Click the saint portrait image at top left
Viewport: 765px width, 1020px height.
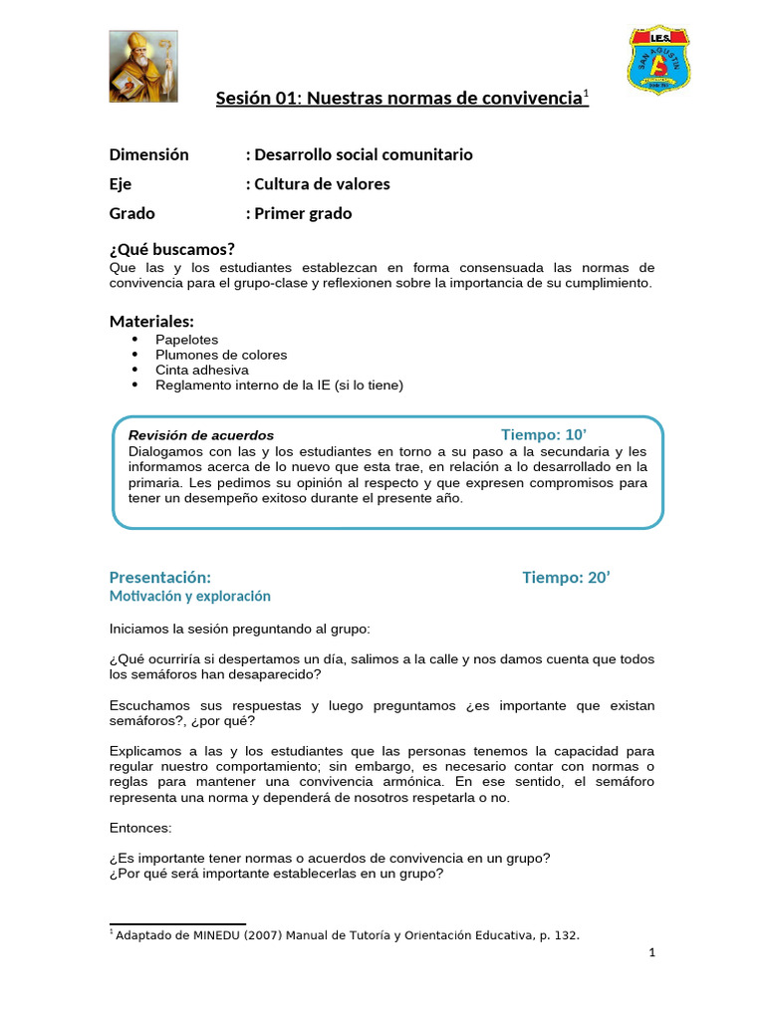pos(143,66)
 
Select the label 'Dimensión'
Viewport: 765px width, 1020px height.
pos(148,154)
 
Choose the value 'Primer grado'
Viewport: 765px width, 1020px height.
pos(302,213)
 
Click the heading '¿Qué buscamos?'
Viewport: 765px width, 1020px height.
pos(171,249)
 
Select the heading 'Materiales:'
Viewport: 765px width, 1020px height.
pos(151,321)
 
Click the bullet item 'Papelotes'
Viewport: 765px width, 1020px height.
pos(186,339)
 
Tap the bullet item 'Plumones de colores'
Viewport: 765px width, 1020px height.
pos(221,355)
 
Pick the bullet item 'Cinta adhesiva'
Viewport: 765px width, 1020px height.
pos(202,370)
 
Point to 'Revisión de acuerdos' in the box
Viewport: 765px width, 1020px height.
pos(201,435)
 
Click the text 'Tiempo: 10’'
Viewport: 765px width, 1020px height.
pos(544,434)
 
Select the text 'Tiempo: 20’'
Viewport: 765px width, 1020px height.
pos(566,578)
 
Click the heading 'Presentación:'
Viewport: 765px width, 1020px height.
pos(159,578)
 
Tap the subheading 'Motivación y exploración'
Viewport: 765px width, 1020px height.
pos(189,596)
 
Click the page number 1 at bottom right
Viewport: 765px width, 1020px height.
pos(651,953)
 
